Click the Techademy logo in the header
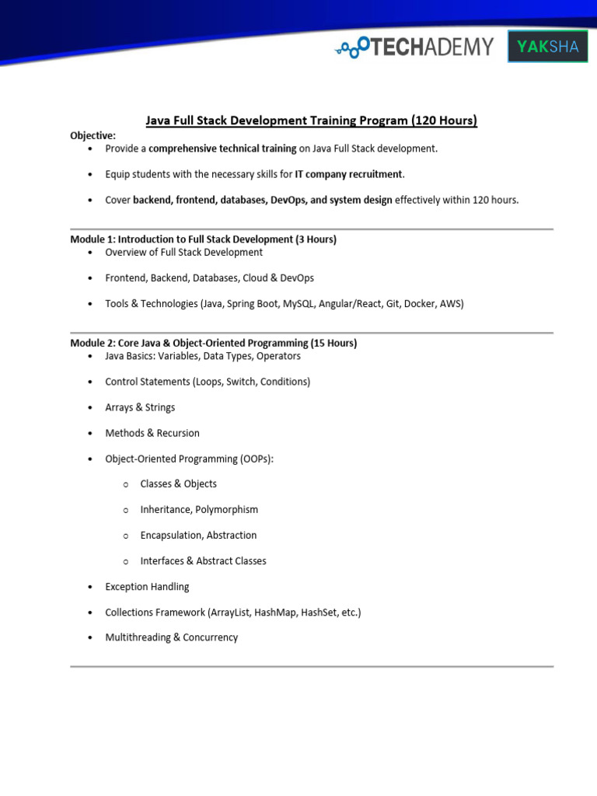pyautogui.click(x=414, y=47)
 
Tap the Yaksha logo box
pyautogui.click(x=547, y=47)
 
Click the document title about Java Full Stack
pyautogui.click(x=312, y=120)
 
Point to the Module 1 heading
pyautogui.click(x=203, y=239)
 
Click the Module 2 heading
pyautogui.click(x=213, y=343)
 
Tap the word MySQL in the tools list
pyautogui.click(x=299, y=304)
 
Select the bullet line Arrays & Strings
pyautogui.click(x=140, y=407)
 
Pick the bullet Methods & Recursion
pyautogui.click(x=152, y=433)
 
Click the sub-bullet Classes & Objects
pyautogui.click(x=179, y=484)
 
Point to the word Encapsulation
pyautogui.click(x=171, y=535)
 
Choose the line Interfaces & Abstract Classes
pyautogui.click(x=203, y=560)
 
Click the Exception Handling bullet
pyautogui.click(x=147, y=586)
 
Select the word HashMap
pyautogui.click(x=277, y=612)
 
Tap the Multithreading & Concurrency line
pyautogui.click(x=172, y=637)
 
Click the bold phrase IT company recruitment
pyautogui.click(x=349, y=174)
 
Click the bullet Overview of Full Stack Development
pyautogui.click(x=184, y=253)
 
